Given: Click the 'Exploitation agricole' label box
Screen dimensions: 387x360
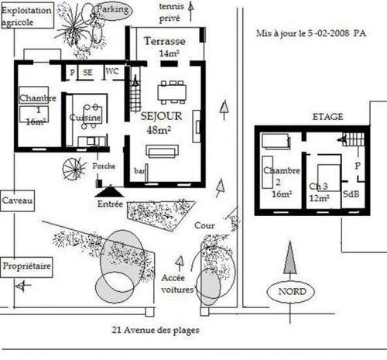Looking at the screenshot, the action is pyautogui.click(x=27, y=15).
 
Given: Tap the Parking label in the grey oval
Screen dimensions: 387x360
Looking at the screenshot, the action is pyautogui.click(x=112, y=9).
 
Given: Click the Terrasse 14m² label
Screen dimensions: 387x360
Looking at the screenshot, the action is pyautogui.click(x=166, y=46).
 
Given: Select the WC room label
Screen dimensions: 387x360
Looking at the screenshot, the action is pyautogui.click(x=112, y=71).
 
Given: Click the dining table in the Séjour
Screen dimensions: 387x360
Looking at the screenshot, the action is pyautogui.click(x=172, y=93).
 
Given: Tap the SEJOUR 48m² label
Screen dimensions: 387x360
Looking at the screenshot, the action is pyautogui.click(x=161, y=123).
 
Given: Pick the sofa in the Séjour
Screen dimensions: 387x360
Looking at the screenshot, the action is pyautogui.click(x=162, y=152).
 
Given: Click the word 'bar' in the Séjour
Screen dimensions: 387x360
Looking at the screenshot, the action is pyautogui.click(x=139, y=170).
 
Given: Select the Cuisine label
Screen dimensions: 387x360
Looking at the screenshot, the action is pyautogui.click(x=85, y=118).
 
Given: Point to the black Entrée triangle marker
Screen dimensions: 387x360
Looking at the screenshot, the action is pyautogui.click(x=110, y=191).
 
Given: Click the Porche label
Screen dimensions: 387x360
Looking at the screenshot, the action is pyautogui.click(x=104, y=166).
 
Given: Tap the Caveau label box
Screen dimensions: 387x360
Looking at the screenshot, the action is pyautogui.click(x=17, y=201).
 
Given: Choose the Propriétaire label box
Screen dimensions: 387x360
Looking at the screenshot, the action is pyautogui.click(x=26, y=267).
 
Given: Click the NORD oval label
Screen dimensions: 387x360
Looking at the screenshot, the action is pyautogui.click(x=290, y=292).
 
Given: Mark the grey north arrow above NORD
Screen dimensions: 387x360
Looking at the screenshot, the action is pyautogui.click(x=290, y=258).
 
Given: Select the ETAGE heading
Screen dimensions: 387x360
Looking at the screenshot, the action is pyautogui.click(x=328, y=117).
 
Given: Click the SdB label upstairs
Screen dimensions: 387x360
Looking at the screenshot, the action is pyautogui.click(x=351, y=194).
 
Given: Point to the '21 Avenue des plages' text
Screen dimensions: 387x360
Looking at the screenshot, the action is pyautogui.click(x=156, y=330).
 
